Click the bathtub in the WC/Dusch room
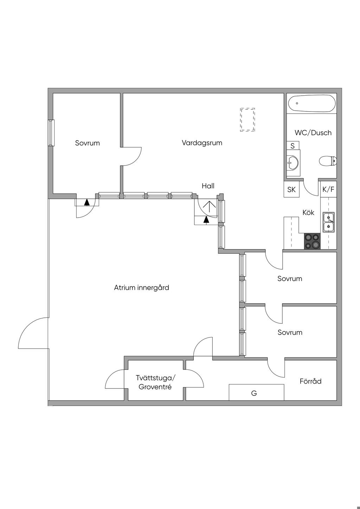coord(312,103)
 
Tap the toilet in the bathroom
coord(328,161)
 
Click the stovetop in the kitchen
coord(312,241)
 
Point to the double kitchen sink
coord(328,222)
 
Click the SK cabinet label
coord(291,189)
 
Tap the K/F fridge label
coord(328,189)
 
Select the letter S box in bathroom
coord(293,146)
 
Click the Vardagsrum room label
coord(202,143)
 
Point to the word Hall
coord(208,186)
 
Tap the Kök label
coord(308,212)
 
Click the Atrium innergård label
coord(141,288)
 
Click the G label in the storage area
coord(254,393)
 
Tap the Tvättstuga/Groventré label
coord(156,382)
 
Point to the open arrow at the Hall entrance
coord(209,207)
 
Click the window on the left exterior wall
coord(51,133)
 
